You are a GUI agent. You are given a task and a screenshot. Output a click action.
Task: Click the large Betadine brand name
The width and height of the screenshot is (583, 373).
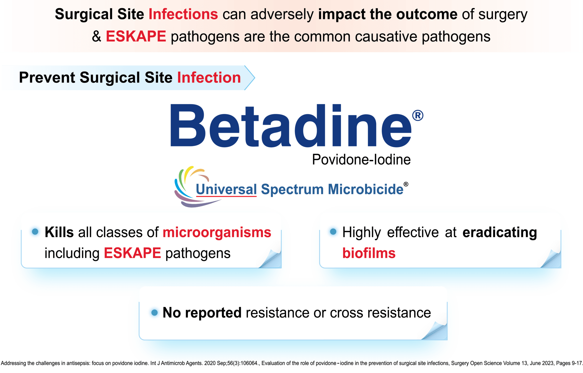point(291,126)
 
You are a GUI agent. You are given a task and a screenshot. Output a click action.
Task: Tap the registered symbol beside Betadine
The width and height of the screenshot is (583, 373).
point(418,115)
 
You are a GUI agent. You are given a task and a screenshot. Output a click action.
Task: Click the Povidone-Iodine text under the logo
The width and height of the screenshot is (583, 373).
point(361,160)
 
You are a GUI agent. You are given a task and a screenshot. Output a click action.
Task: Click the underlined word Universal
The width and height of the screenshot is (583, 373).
point(226,190)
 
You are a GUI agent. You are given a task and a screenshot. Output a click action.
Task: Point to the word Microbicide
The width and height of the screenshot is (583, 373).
point(365,190)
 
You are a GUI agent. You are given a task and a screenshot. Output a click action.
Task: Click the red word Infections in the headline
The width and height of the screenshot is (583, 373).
point(183,14)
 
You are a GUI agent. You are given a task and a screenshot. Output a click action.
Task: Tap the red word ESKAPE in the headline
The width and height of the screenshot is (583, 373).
point(136,36)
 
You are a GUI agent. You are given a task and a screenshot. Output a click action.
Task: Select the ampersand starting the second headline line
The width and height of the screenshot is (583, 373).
point(97,36)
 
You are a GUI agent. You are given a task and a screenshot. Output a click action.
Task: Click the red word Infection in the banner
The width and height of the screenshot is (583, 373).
point(209,77)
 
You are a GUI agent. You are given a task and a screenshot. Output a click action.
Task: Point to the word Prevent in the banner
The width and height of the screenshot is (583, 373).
point(47,77)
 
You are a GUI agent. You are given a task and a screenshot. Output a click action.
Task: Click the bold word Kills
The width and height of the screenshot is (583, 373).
point(59,232)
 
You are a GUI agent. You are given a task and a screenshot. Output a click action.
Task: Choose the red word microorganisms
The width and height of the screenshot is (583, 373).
point(217,232)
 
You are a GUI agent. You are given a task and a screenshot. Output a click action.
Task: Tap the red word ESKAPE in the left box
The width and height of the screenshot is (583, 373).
point(132,253)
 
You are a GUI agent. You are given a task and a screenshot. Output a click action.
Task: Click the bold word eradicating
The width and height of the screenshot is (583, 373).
point(500,232)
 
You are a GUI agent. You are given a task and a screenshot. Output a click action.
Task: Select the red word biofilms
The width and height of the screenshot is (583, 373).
point(369,253)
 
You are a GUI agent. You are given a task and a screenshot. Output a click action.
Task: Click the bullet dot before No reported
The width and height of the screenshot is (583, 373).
point(154,312)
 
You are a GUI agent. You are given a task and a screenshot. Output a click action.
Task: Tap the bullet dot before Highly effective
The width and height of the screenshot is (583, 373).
point(333,232)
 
